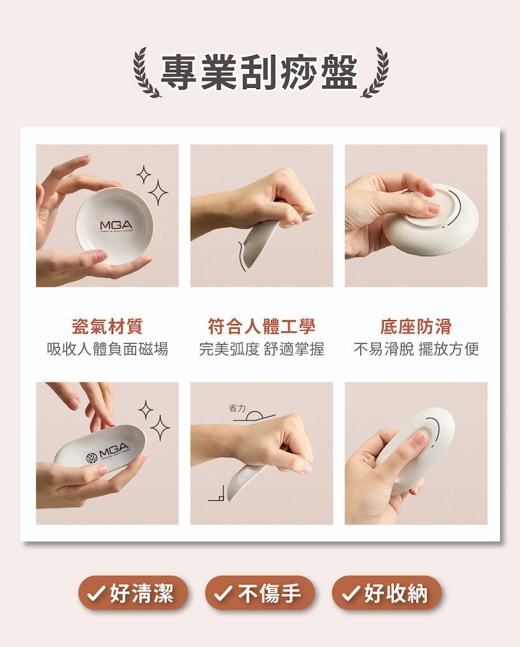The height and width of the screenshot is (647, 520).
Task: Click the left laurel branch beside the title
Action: (x=146, y=73)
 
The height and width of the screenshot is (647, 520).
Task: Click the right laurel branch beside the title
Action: (x=374, y=73)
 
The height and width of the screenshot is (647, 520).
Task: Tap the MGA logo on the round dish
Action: (x=116, y=225)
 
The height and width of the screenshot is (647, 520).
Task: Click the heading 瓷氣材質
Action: (x=107, y=326)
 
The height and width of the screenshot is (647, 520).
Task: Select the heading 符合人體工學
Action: (x=261, y=326)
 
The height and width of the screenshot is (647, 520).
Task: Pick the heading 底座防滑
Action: (x=415, y=326)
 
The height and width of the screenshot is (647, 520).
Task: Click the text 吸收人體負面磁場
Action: (x=107, y=349)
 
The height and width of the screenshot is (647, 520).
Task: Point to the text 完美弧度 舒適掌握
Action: (x=261, y=349)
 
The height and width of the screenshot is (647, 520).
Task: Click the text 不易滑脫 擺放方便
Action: (x=416, y=349)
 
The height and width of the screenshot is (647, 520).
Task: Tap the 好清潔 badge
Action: (x=133, y=593)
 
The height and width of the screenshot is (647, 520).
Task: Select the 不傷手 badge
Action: (x=260, y=593)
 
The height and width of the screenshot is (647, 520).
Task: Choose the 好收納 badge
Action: (x=387, y=593)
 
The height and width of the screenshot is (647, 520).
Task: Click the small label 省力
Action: (x=237, y=408)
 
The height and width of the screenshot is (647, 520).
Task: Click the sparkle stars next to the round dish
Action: (x=153, y=185)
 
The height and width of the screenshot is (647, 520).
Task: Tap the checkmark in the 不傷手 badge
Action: (x=222, y=594)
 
